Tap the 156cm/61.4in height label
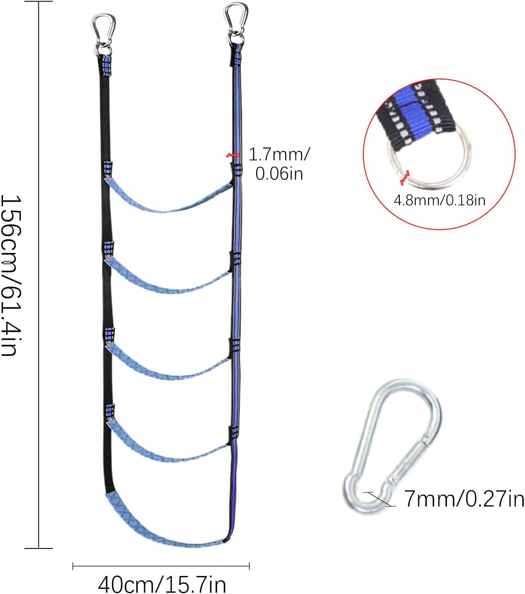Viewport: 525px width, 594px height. pos(12,276)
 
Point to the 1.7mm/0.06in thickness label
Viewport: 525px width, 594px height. pos(279,164)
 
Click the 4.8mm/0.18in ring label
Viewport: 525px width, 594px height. pos(440,200)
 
